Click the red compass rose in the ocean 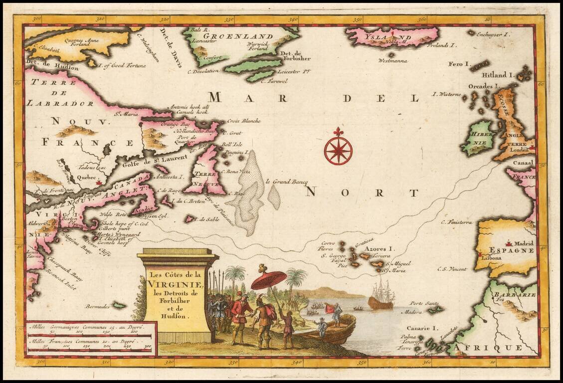click(x=338, y=149)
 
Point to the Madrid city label click(x=524, y=243)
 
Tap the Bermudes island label click(x=97, y=304)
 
